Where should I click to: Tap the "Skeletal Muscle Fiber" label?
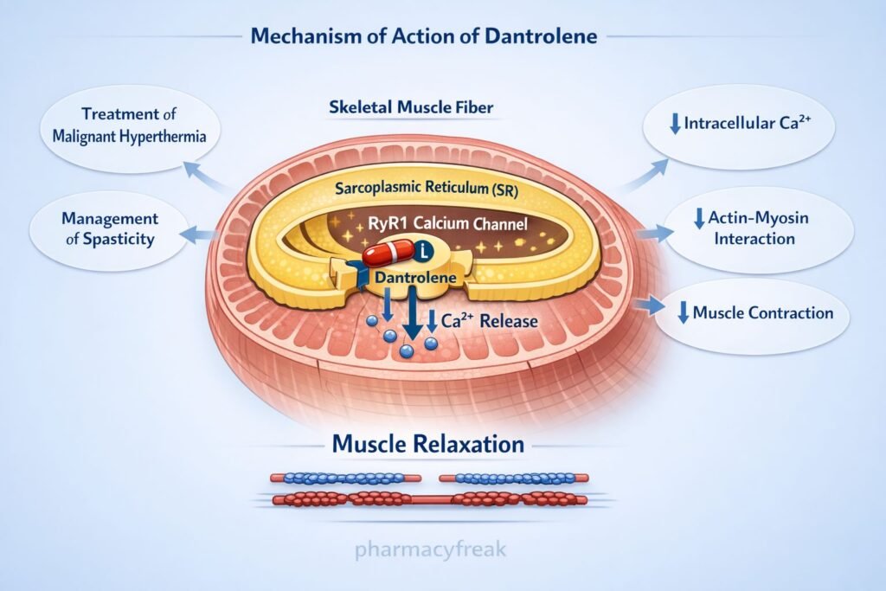(x=411, y=108)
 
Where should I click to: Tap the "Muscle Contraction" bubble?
(x=753, y=313)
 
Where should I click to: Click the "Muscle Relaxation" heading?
(x=428, y=445)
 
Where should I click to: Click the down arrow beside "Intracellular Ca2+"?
(x=674, y=124)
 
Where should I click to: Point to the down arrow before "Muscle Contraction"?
(x=683, y=313)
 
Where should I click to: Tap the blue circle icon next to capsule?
(x=423, y=252)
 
